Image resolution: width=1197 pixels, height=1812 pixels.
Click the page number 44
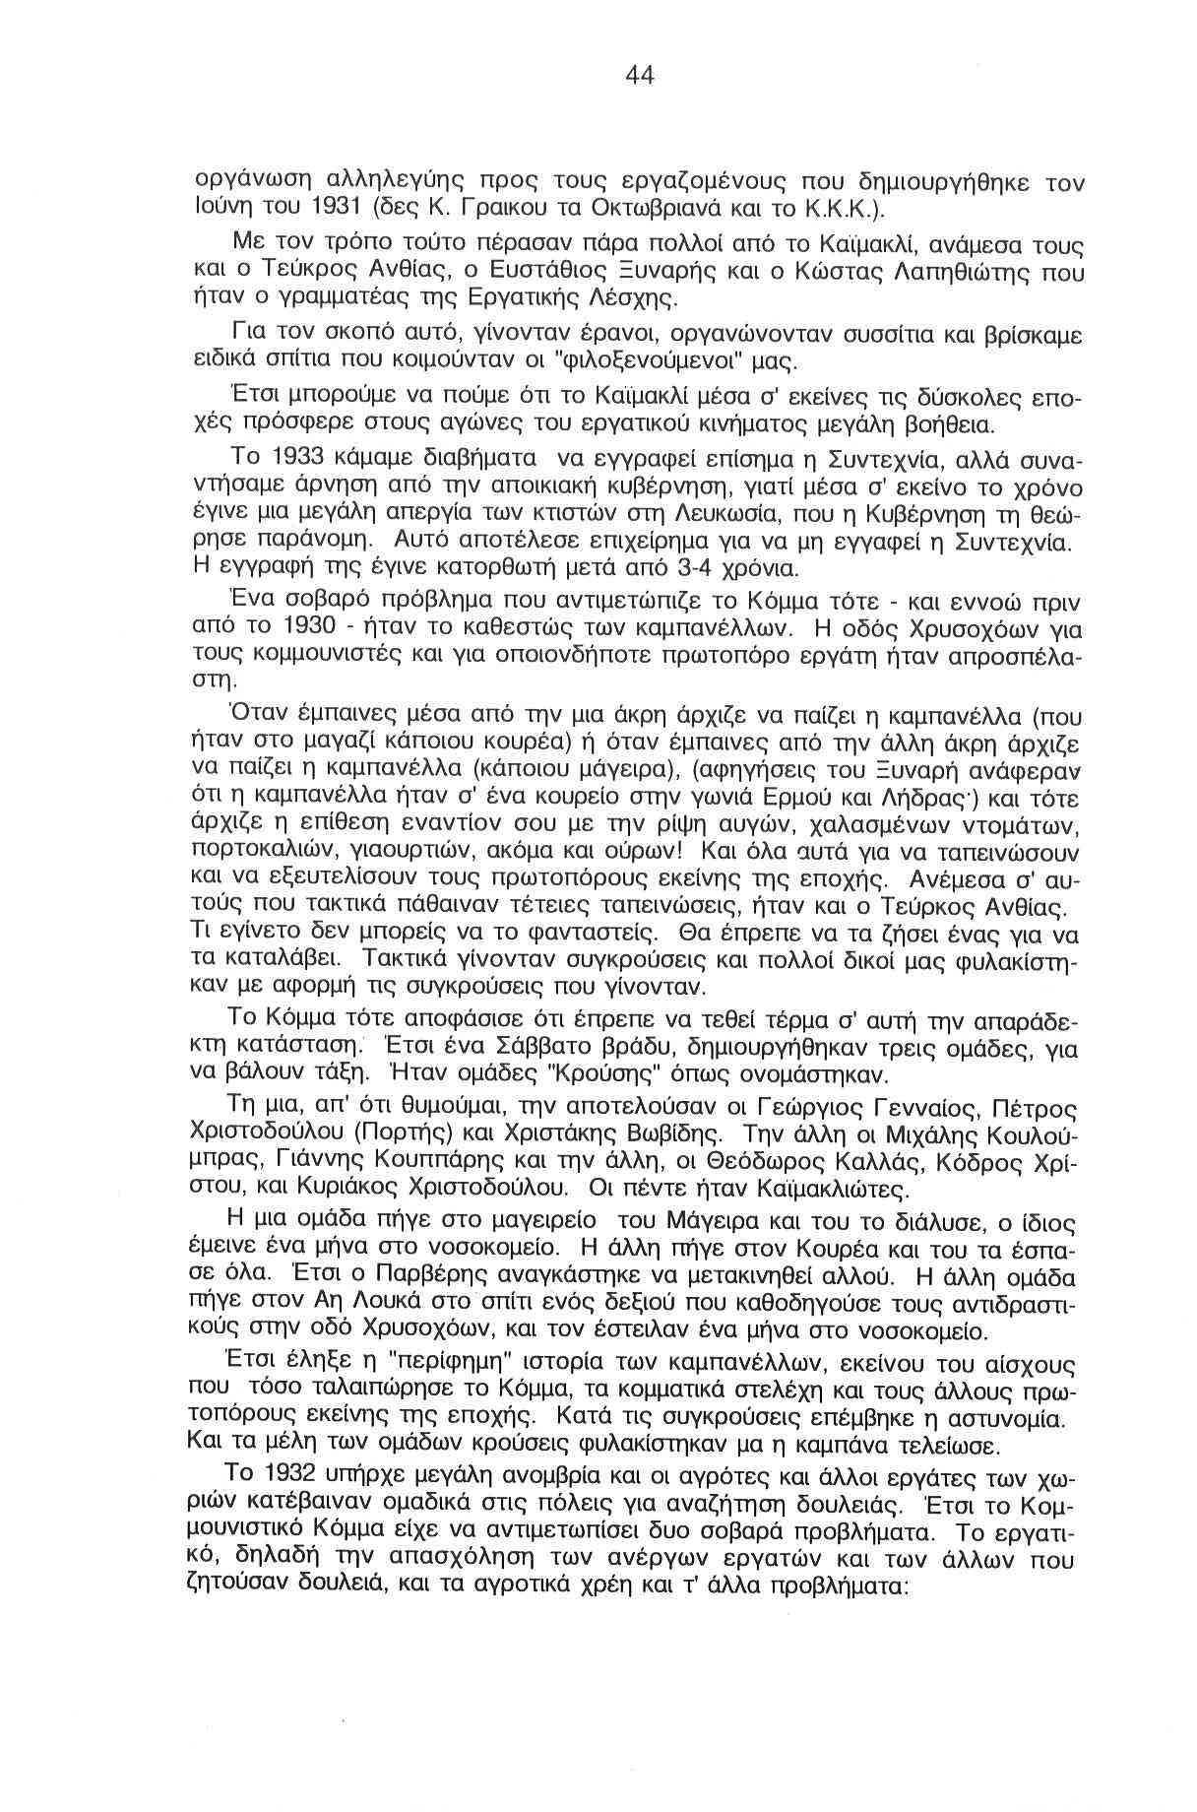[x=639, y=75]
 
